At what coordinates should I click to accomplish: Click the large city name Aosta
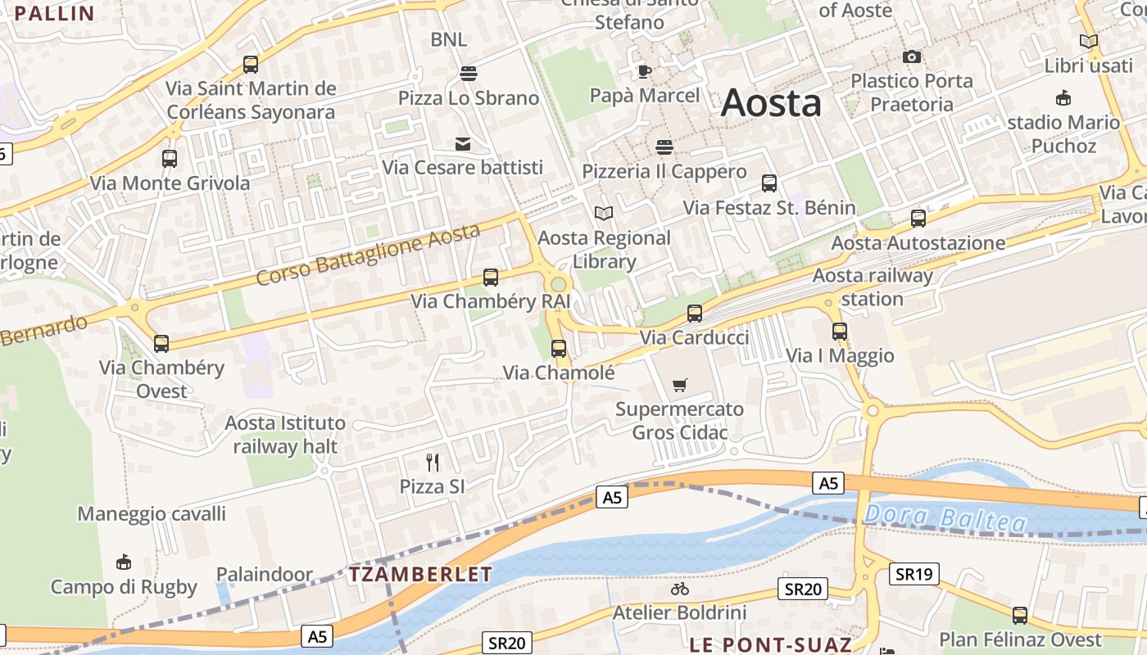click(x=771, y=103)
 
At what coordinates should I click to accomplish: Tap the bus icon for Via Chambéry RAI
click(x=491, y=278)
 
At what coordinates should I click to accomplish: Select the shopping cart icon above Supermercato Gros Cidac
click(x=679, y=385)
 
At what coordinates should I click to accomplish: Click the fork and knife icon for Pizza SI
click(x=433, y=463)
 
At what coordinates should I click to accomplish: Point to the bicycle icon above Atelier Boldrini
click(x=679, y=589)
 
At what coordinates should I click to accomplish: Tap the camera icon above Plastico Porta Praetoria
click(x=911, y=56)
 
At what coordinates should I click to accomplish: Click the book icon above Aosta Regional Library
click(x=604, y=214)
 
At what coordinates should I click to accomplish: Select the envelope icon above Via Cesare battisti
click(x=463, y=144)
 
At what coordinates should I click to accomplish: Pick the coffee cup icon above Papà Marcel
click(x=645, y=71)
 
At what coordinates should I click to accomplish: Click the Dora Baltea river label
click(x=945, y=517)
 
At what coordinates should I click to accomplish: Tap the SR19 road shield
click(x=914, y=574)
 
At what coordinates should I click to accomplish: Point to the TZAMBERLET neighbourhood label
click(x=421, y=574)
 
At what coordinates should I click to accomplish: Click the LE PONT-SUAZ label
click(x=770, y=644)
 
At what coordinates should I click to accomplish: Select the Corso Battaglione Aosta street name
click(x=368, y=254)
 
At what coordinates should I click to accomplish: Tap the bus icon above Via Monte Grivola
click(x=170, y=159)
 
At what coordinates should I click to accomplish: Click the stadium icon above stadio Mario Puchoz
click(x=1063, y=98)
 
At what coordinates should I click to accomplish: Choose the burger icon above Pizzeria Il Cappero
click(x=664, y=147)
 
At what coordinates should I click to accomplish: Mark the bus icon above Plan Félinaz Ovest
click(x=1019, y=616)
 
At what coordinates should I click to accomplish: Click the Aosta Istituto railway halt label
click(x=285, y=435)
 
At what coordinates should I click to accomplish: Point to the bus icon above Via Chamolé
click(x=559, y=349)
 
